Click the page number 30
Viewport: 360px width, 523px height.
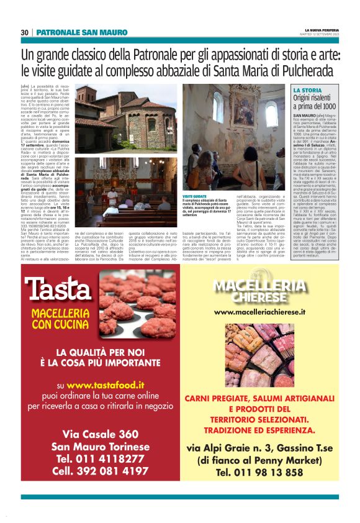(25, 32)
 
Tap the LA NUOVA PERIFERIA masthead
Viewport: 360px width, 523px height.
(322, 30)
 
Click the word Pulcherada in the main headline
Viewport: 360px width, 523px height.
(304, 69)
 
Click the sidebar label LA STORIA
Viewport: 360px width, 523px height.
(307, 91)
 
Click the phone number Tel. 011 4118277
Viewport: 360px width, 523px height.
(101, 458)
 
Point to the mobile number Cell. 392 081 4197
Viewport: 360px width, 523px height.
(101, 471)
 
